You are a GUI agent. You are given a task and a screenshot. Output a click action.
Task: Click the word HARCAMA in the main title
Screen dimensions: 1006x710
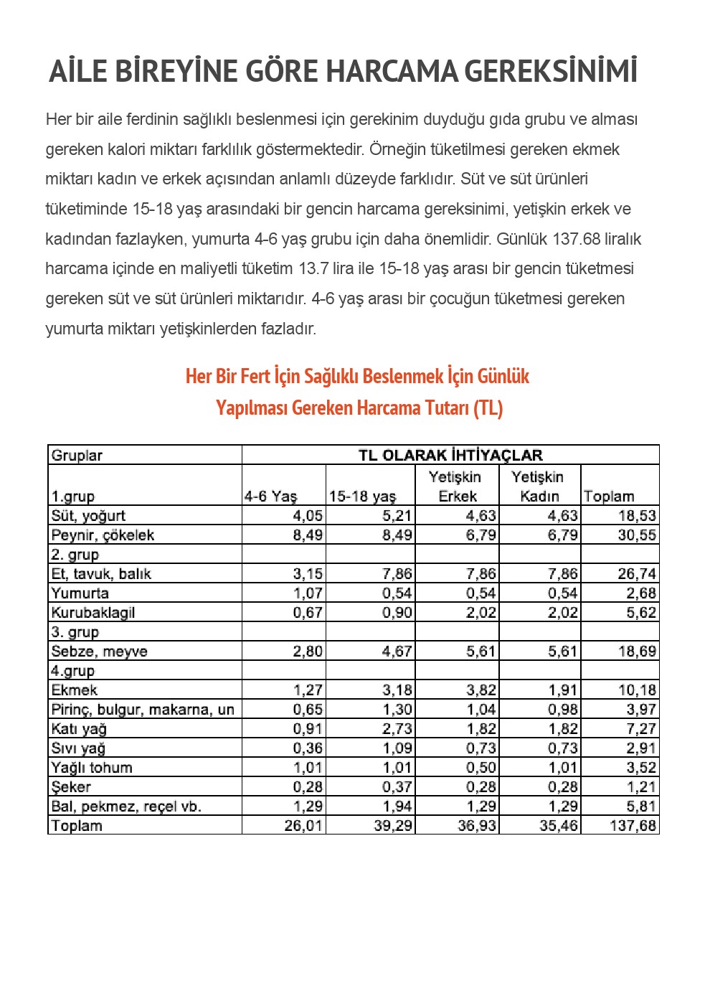[x=392, y=72]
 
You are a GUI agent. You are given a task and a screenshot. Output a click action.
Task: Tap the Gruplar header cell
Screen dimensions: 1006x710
[x=77, y=455]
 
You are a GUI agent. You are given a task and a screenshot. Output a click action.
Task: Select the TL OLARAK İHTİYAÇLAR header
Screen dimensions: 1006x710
[x=450, y=455]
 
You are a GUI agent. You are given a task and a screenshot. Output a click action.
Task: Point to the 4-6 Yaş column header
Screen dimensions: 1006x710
[x=270, y=496]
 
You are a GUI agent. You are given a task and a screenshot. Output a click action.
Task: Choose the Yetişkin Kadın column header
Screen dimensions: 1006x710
[x=538, y=486]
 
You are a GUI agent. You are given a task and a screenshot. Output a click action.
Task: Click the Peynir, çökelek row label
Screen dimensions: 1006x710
[x=103, y=535]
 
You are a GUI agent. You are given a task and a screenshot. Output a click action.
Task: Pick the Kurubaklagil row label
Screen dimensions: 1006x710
[x=93, y=612]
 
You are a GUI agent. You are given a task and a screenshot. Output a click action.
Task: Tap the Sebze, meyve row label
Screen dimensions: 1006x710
[x=99, y=651]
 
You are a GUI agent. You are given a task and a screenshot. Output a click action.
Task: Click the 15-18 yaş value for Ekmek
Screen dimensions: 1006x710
[x=397, y=690]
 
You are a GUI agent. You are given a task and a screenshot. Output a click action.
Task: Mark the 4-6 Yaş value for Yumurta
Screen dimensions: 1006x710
[x=308, y=593]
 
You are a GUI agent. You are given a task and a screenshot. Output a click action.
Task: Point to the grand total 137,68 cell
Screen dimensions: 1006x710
[x=633, y=825]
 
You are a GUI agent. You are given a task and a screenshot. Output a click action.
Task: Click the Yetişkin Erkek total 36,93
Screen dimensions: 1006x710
[x=477, y=825]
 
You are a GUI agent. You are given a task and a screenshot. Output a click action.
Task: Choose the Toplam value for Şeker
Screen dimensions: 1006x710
[x=641, y=786]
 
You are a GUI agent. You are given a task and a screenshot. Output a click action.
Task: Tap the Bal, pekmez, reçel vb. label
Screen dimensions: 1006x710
[x=126, y=806]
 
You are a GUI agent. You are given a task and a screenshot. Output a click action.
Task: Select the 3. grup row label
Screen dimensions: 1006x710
[x=75, y=631]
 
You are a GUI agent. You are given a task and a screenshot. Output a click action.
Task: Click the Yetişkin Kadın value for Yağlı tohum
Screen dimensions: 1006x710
[x=563, y=767]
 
